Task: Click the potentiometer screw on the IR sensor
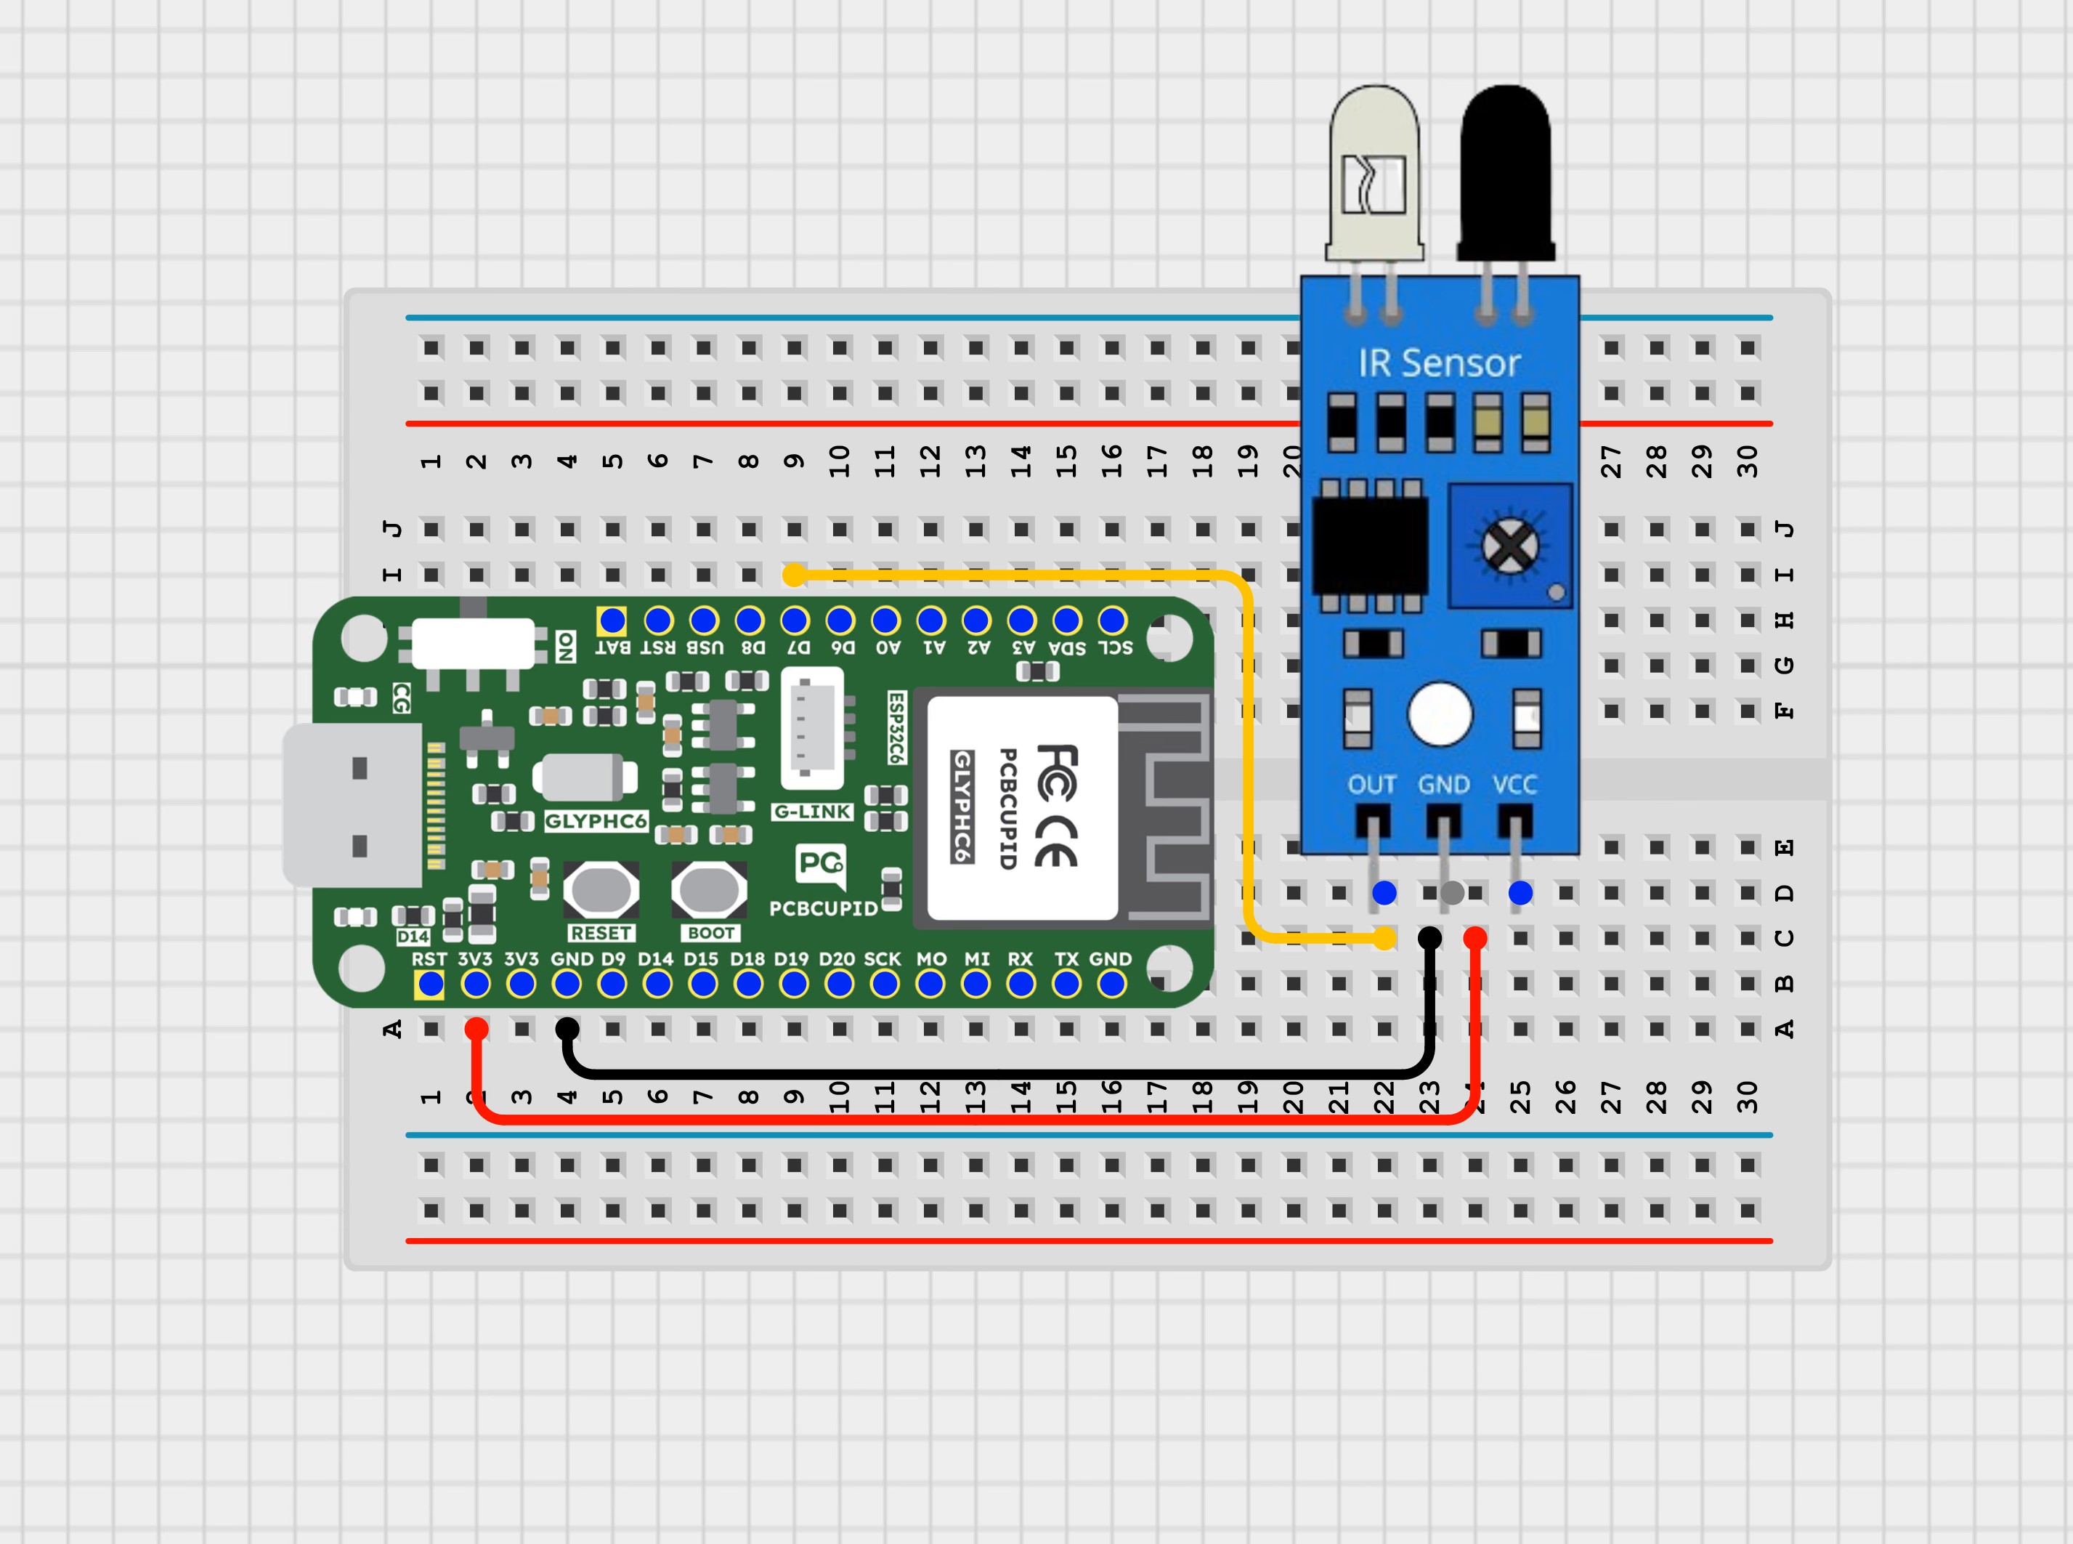1509,546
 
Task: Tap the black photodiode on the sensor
1506,173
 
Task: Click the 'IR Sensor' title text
1439,363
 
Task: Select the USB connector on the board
353,806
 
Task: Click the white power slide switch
473,643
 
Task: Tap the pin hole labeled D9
612,984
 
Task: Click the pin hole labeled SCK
885,984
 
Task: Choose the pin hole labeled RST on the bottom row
430,984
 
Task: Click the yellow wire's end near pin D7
794,575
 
